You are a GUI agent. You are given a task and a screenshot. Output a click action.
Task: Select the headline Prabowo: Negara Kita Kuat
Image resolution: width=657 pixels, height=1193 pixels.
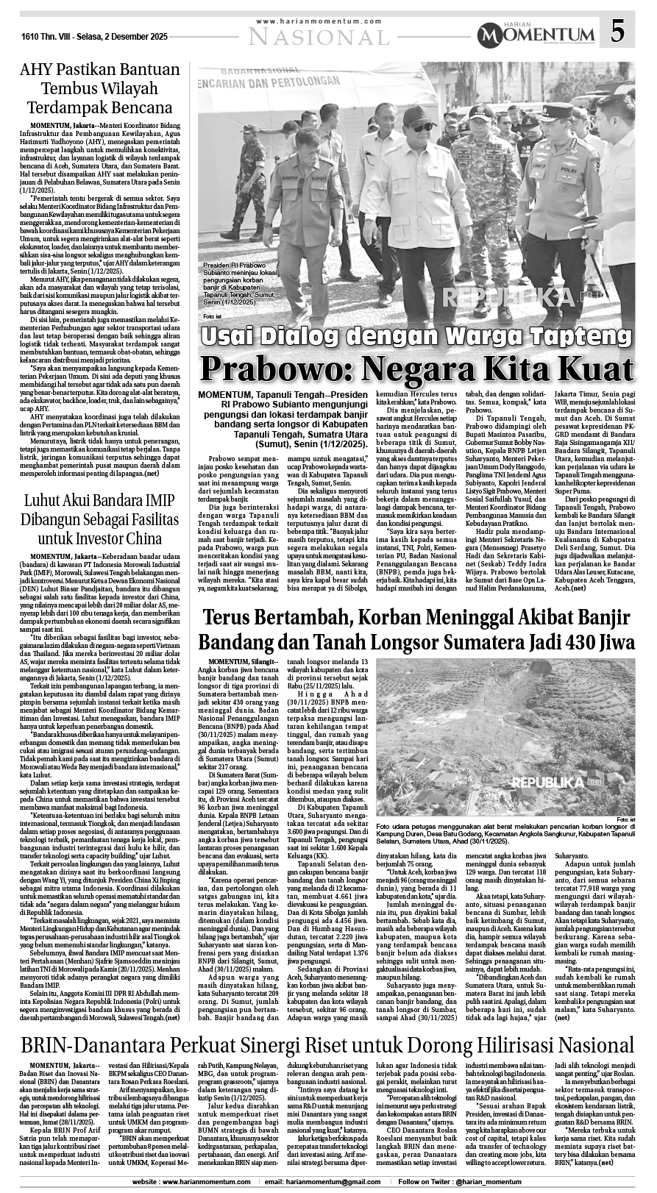[417, 366]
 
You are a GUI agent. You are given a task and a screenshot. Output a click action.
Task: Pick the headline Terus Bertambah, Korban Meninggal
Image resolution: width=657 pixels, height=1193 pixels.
[417, 622]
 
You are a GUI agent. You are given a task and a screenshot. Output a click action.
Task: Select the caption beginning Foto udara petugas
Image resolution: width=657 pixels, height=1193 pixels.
[505, 834]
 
